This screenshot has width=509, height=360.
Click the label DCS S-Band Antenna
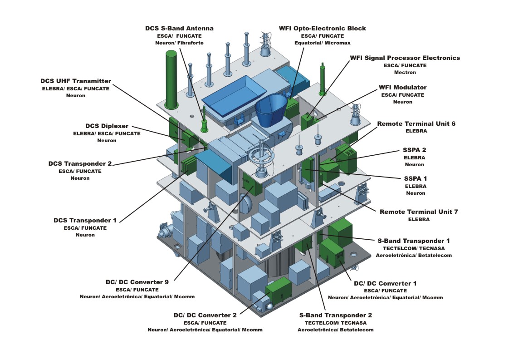click(179, 28)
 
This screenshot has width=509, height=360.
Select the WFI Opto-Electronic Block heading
click(322, 28)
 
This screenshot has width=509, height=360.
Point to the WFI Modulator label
click(402, 87)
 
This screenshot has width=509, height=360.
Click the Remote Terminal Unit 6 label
click(416, 123)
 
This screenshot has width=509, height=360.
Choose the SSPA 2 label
click(414, 150)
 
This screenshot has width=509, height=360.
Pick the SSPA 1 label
click(415, 178)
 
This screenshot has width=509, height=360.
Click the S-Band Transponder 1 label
click(414, 240)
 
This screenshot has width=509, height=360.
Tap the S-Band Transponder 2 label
click(335, 315)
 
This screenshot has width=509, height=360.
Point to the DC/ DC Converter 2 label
click(205, 315)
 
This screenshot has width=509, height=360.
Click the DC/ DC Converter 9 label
click(137, 282)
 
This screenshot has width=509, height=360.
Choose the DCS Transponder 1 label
click(85, 220)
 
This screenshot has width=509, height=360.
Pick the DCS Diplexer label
click(107, 126)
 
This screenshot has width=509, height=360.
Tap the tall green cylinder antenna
click(171, 79)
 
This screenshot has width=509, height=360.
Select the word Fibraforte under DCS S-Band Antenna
click(191, 43)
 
